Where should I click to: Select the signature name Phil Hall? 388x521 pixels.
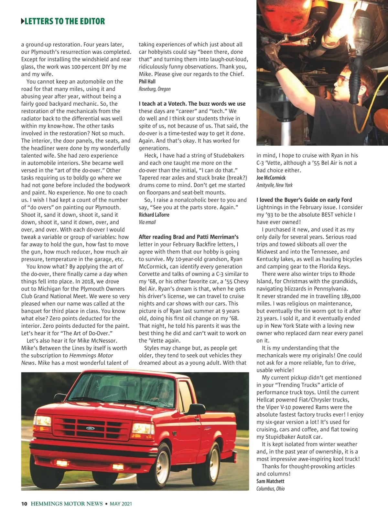[147, 81]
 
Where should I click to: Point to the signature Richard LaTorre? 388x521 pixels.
[154, 215]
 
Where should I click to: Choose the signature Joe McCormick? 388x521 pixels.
[271, 178]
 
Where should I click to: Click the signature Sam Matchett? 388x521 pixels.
[270, 481]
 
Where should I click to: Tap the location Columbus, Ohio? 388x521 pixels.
[270, 489]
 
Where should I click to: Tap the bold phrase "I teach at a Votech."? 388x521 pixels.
[163, 104]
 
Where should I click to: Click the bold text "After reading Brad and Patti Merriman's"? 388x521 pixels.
[189, 237]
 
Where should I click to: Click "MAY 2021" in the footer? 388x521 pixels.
[121, 504]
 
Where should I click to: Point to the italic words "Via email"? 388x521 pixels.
[147, 222]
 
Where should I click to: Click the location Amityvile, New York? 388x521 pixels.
[274, 185]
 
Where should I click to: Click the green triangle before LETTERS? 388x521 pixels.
[22, 21]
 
